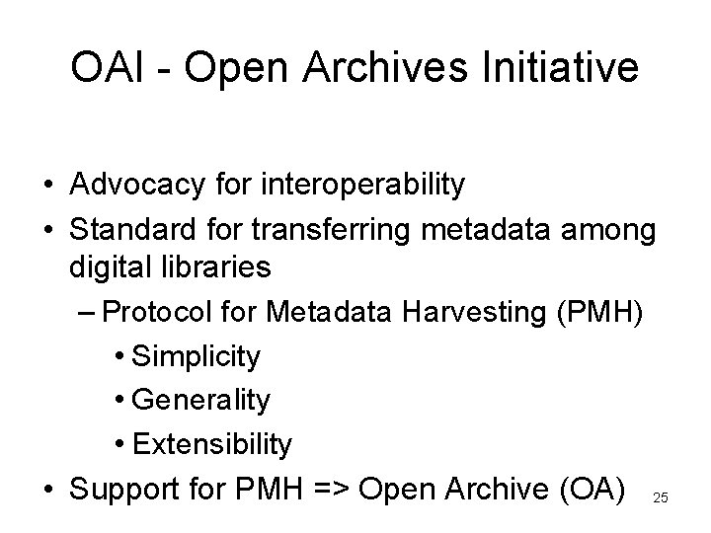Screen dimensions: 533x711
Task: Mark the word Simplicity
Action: click(x=196, y=356)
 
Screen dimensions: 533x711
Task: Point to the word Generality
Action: click(x=199, y=400)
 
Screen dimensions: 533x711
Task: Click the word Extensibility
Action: click(x=211, y=444)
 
